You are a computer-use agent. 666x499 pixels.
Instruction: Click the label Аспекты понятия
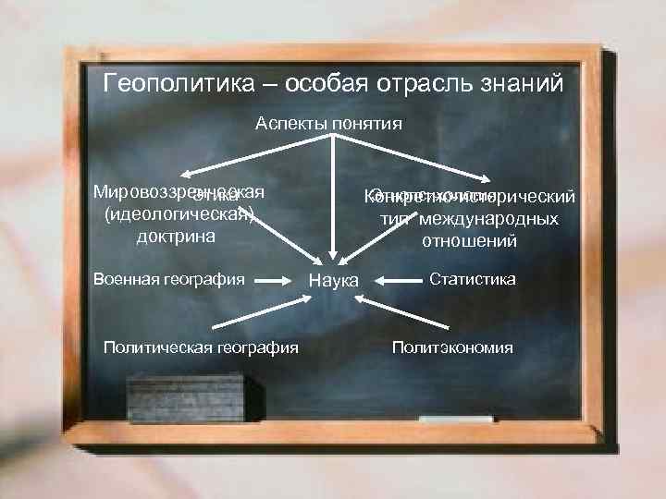[x=328, y=123]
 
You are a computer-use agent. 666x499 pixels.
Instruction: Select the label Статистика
[x=473, y=278]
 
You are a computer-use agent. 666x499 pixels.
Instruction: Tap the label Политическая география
[x=201, y=347]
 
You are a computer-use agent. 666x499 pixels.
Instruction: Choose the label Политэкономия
[x=452, y=347]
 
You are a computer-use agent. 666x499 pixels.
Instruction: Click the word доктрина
[x=176, y=236]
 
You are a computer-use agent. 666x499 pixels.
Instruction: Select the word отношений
[x=469, y=241]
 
